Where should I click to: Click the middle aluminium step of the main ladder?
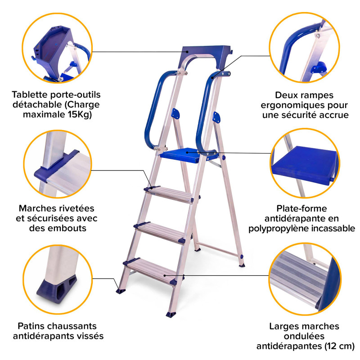[160, 233]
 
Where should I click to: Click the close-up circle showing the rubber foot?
[58, 279]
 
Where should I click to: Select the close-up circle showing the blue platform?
[305, 163]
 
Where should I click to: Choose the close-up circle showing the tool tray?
[58, 48]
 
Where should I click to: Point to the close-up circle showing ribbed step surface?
[305, 279]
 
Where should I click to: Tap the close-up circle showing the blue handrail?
[305, 48]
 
